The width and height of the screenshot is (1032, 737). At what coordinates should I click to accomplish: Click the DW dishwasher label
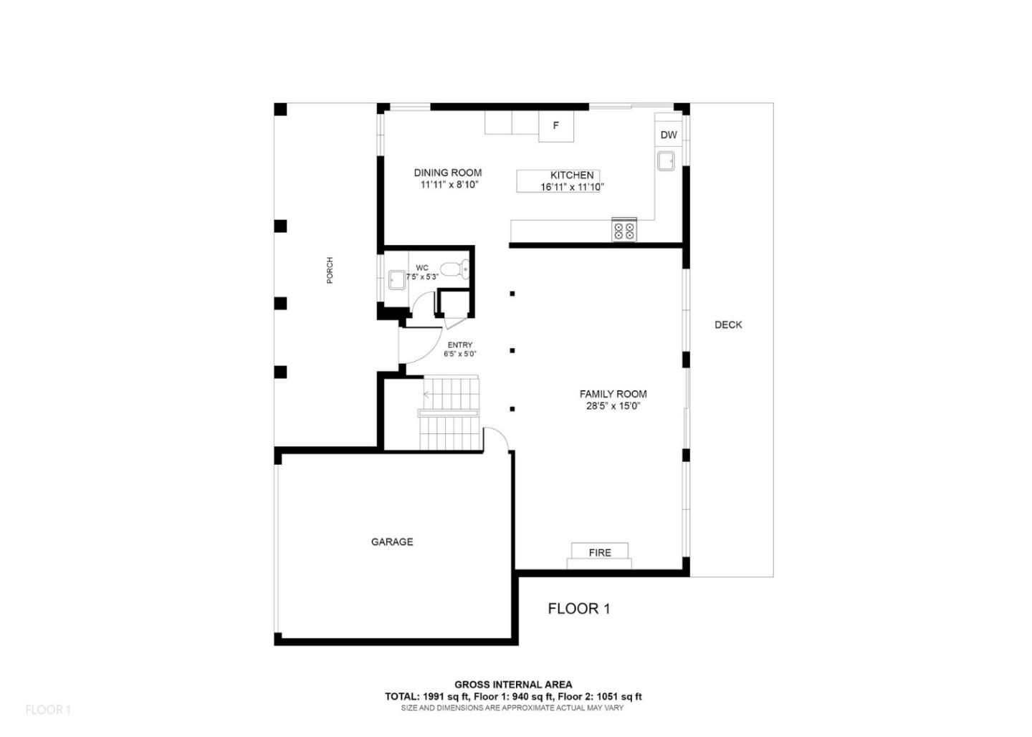(668, 135)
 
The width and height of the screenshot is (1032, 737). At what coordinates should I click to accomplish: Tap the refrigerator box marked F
(556, 127)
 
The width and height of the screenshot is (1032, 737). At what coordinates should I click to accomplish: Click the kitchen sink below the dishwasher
(666, 160)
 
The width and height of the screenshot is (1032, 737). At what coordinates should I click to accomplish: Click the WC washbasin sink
(396, 279)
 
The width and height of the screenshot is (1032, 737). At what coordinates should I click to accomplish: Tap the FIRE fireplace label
(600, 552)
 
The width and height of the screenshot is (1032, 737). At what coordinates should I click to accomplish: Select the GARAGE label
(392, 542)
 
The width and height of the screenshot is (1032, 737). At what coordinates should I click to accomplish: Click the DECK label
(728, 324)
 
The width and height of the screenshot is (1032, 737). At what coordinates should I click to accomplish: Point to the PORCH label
(330, 270)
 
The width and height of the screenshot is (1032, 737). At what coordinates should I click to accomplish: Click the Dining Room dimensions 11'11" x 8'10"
(449, 185)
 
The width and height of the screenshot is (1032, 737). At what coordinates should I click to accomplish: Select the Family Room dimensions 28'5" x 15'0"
(613, 406)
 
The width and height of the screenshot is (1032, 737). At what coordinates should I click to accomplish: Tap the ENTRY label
(460, 345)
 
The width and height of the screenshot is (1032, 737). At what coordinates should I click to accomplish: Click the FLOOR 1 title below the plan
(578, 609)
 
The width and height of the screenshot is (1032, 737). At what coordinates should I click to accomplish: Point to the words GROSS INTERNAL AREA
(513, 685)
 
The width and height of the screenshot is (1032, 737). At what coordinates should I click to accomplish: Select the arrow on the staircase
(428, 394)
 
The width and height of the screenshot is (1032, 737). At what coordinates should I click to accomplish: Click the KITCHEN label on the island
(571, 175)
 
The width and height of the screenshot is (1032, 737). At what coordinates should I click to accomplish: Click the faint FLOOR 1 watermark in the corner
(48, 710)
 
